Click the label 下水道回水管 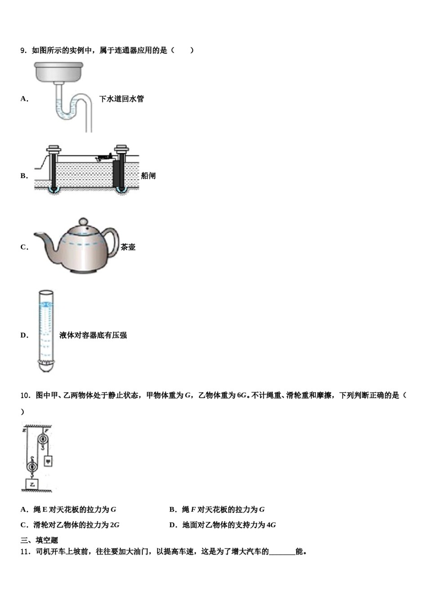click(121, 99)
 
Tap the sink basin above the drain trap click(59, 71)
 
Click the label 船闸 click(148, 176)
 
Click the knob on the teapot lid click(83, 222)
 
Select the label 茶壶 click(128, 247)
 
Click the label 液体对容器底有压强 click(93, 335)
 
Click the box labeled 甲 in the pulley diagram click(48, 461)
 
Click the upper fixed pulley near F click(44, 440)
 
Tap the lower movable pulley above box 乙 click(32, 467)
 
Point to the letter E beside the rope click(23, 431)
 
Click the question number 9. click(24, 50)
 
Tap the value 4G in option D click(271, 525)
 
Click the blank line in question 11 click(282, 552)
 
